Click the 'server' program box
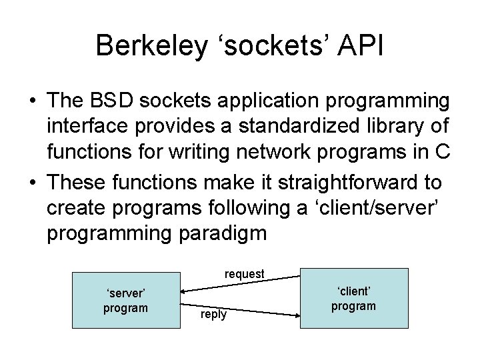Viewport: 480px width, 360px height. (125, 301)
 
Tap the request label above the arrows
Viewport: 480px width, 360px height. (245, 273)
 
